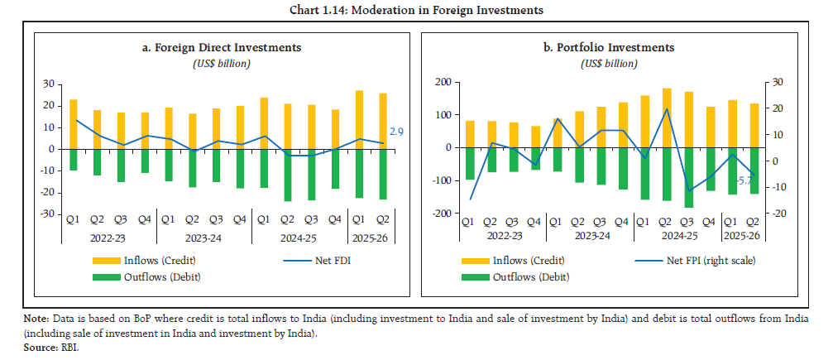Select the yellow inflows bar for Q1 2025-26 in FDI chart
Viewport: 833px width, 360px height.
pyautogui.click(x=359, y=119)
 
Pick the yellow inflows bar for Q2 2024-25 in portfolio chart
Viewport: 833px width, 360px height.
pyautogui.click(x=667, y=118)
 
